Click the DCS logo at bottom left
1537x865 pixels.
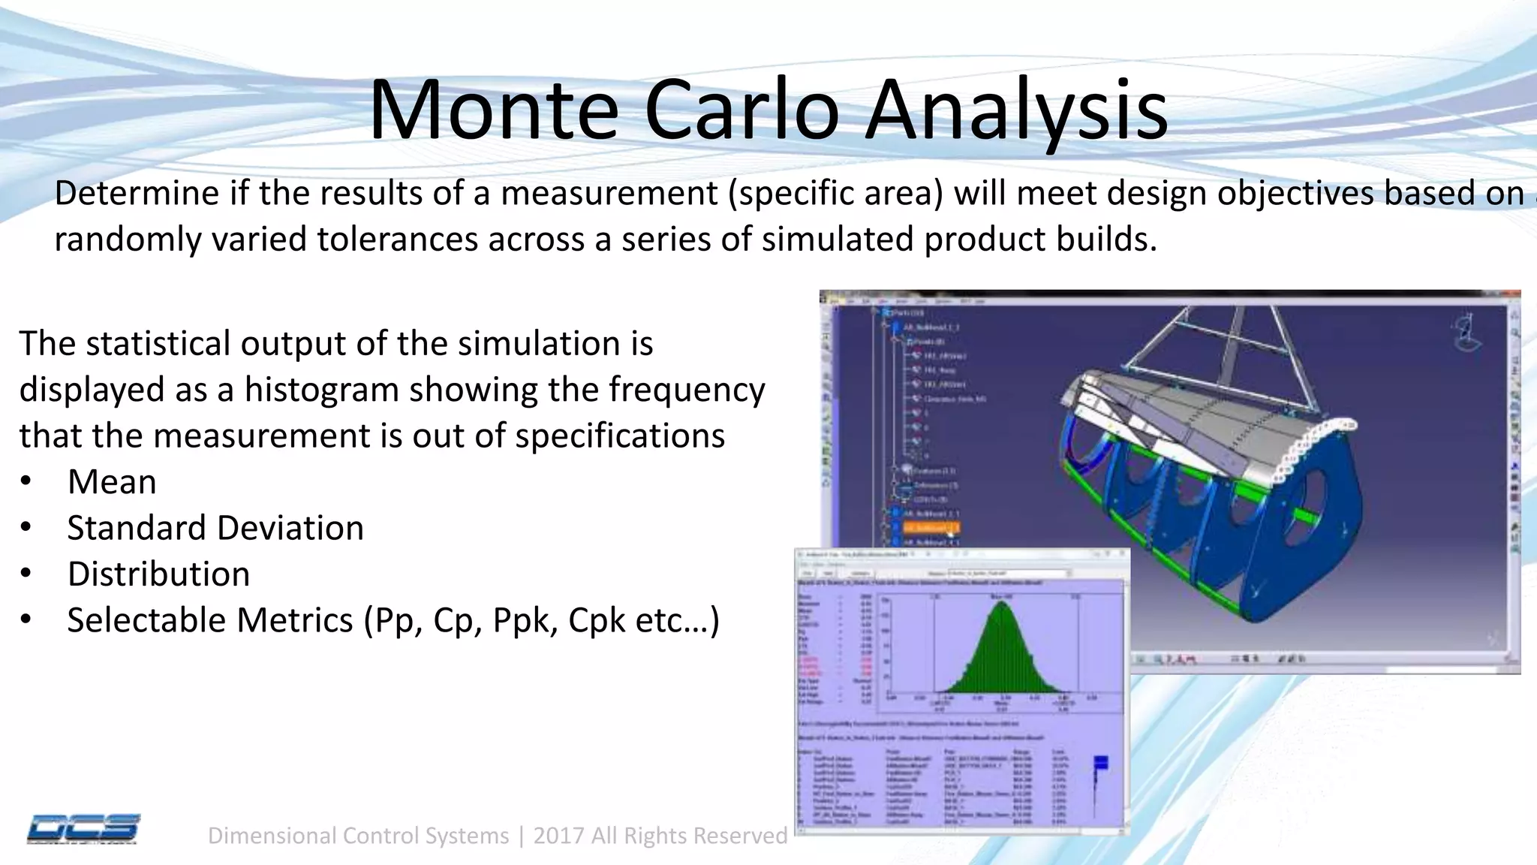pos(83,829)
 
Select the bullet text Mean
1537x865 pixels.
pos(112,482)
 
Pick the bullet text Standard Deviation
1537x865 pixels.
pos(215,528)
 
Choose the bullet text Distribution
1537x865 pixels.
pos(158,574)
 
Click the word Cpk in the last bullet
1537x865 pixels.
pos(597,620)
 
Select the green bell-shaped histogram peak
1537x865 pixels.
pos(1001,646)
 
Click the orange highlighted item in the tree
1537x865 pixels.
pos(931,528)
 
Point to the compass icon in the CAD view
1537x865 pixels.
pos(1467,334)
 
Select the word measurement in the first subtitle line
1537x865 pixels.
pos(609,194)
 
